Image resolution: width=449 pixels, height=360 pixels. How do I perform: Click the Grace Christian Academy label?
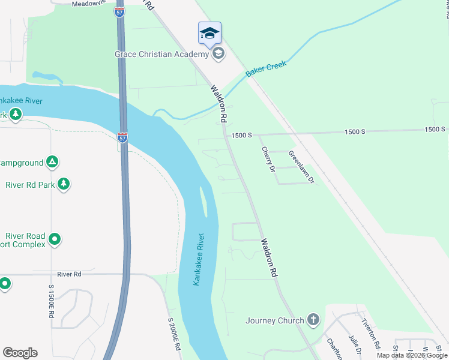(x=161, y=54)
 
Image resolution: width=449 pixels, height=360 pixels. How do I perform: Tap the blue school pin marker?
(x=209, y=33)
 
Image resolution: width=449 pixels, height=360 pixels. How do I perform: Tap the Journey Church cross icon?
(x=313, y=320)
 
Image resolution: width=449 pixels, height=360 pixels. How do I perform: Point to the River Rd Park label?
(x=30, y=185)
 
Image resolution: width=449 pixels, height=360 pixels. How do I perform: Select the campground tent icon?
(x=53, y=162)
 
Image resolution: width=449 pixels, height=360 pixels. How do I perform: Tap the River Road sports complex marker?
(x=55, y=239)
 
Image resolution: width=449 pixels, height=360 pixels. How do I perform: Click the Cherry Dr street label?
(x=267, y=159)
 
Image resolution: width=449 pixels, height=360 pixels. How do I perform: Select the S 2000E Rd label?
(x=174, y=334)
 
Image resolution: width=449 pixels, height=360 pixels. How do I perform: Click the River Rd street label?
(x=69, y=274)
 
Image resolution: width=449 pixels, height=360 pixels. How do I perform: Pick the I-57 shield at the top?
(x=121, y=11)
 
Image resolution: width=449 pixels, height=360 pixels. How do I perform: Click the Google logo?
(x=20, y=353)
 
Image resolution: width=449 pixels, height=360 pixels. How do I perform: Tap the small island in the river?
(x=204, y=201)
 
